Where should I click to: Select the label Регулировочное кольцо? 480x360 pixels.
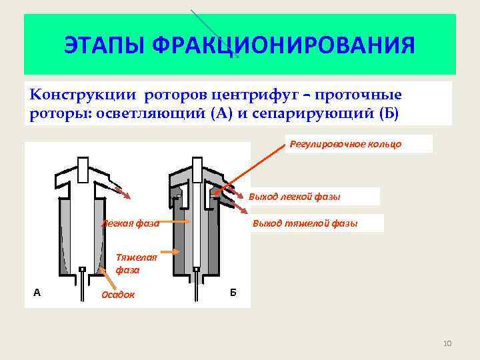[x=345, y=144]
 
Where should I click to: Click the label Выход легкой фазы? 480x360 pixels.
[x=294, y=197]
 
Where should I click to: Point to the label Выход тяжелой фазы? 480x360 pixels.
[x=305, y=223]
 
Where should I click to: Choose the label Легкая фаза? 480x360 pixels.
[x=131, y=223]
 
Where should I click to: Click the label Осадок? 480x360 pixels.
[x=117, y=295]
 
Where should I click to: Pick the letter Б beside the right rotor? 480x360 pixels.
[x=233, y=293]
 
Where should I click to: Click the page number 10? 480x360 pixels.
[x=447, y=343]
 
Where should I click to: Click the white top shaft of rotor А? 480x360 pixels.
[x=83, y=169]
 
